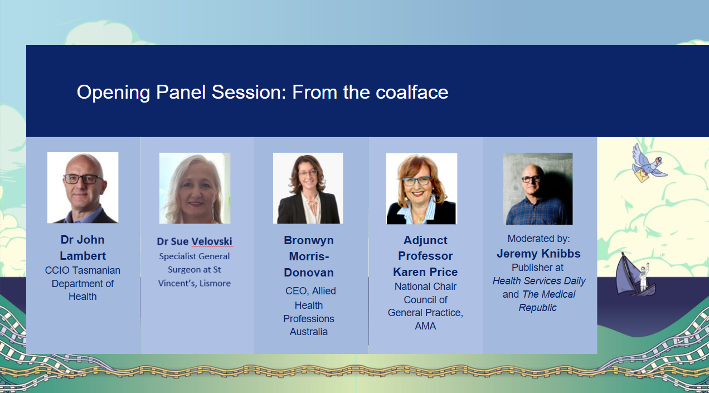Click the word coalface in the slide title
[412, 92]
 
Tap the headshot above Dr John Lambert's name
[83, 188]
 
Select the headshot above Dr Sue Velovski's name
[195, 188]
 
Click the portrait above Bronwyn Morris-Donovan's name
[308, 188]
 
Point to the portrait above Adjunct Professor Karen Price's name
[421, 189]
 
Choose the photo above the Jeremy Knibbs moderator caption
[538, 189]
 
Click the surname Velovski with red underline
[212, 241]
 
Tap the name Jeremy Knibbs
[538, 254]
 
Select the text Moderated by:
[538, 239]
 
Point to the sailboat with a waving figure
[635, 275]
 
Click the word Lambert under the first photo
[82, 256]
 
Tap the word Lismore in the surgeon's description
[215, 284]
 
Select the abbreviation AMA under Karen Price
[425, 326]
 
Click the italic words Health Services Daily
[539, 281]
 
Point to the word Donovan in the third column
[309, 273]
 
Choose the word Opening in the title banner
[113, 93]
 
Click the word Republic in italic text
[537, 308]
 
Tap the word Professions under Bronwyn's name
[309, 319]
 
